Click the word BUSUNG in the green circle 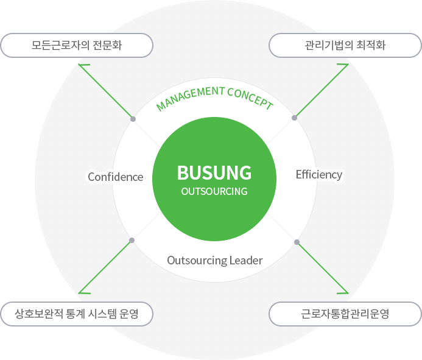[x=214, y=173]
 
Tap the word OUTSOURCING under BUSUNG [x=214, y=191]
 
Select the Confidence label [x=115, y=177]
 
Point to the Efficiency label [x=319, y=175]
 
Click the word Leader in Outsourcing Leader [x=246, y=261]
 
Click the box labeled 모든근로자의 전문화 [x=77, y=45]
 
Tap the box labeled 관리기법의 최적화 [x=345, y=45]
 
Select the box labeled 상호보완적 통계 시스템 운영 [x=77, y=315]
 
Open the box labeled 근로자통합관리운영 [x=345, y=315]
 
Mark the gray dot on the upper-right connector [x=295, y=118]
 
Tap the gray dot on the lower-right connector [x=297, y=242]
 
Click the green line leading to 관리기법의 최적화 [x=322, y=91]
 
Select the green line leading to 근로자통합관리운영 [x=322, y=267]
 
